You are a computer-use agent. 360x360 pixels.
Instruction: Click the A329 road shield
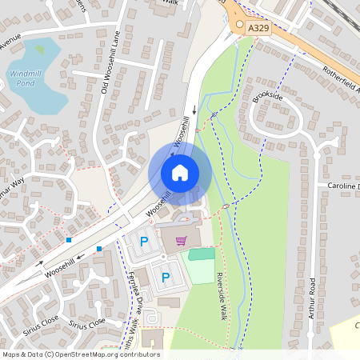258,27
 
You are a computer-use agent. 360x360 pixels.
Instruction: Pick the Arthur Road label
312,298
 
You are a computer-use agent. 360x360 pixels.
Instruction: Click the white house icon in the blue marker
180,172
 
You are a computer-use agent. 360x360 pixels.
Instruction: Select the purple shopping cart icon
181,240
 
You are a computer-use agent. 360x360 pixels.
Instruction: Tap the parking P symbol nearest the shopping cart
144,240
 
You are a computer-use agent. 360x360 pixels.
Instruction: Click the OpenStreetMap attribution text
80,354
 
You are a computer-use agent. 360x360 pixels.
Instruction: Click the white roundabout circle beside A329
238,25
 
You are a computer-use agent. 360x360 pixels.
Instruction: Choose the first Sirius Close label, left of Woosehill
40,319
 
